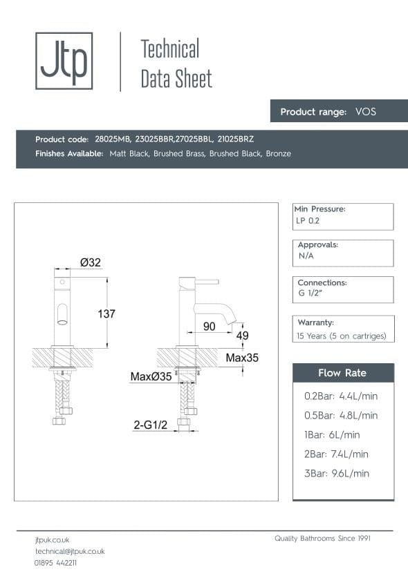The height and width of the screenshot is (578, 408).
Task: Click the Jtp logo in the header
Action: click(x=64, y=61)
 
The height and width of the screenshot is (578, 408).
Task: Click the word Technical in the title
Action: click(x=169, y=49)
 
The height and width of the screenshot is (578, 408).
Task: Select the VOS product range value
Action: click(x=365, y=111)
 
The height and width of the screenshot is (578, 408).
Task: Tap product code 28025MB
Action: click(x=113, y=139)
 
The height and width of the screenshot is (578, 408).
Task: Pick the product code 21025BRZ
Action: click(x=235, y=139)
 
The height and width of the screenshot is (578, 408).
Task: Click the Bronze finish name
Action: click(x=278, y=153)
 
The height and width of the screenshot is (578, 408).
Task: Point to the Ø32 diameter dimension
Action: click(x=91, y=262)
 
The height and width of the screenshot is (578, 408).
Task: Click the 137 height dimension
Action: click(x=106, y=314)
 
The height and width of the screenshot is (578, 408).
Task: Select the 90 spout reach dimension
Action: click(x=210, y=326)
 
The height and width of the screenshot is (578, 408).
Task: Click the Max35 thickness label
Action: click(x=242, y=358)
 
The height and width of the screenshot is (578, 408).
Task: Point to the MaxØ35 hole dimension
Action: click(x=151, y=376)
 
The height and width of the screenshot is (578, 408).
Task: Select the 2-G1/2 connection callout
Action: click(x=151, y=426)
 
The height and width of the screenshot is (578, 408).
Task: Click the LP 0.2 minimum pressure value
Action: click(x=308, y=221)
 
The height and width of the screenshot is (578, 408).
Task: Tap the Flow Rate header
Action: click(x=342, y=373)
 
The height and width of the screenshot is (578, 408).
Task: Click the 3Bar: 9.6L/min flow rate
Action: click(x=337, y=473)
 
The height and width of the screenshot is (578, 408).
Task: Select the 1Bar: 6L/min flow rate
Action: click(x=332, y=434)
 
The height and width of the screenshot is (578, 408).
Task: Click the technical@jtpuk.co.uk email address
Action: click(x=70, y=551)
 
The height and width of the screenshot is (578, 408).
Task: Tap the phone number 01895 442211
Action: click(x=56, y=563)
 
